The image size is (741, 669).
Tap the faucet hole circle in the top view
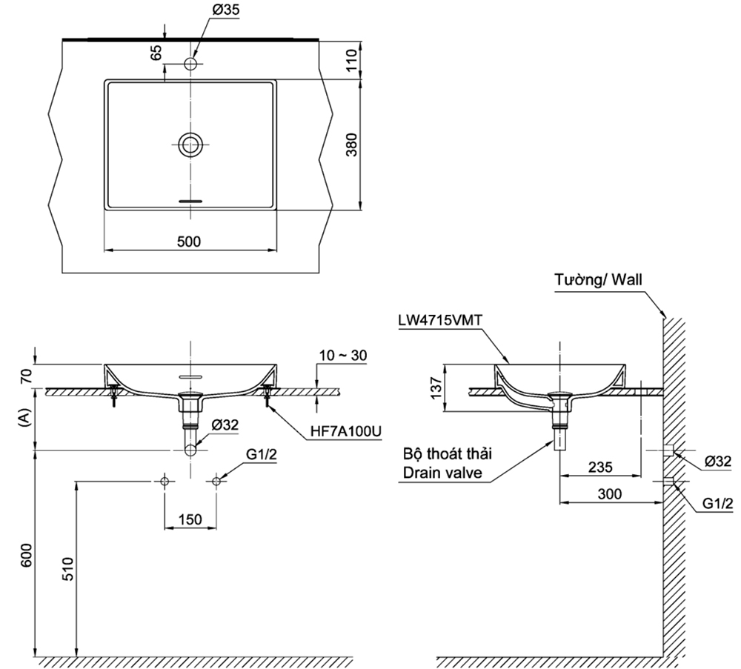click(x=191, y=64)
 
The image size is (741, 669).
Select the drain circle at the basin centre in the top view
click(x=191, y=144)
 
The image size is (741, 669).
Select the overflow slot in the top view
click(x=191, y=200)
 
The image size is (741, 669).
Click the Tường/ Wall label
click(x=599, y=280)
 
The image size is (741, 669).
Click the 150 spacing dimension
click(x=190, y=520)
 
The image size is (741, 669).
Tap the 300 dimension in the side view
click(x=609, y=494)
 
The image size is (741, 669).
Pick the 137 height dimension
click(x=436, y=387)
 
